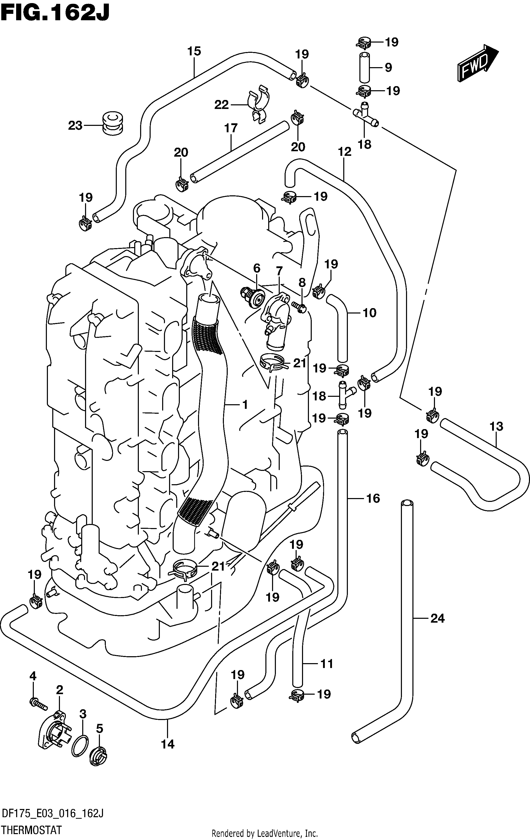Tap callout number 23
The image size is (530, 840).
[75, 126]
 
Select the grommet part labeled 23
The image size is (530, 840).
[113, 124]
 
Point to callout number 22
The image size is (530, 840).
[221, 104]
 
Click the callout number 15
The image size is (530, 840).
[194, 51]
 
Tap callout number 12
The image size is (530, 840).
[345, 152]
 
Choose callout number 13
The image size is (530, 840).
[496, 426]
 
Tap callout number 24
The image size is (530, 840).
[438, 619]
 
